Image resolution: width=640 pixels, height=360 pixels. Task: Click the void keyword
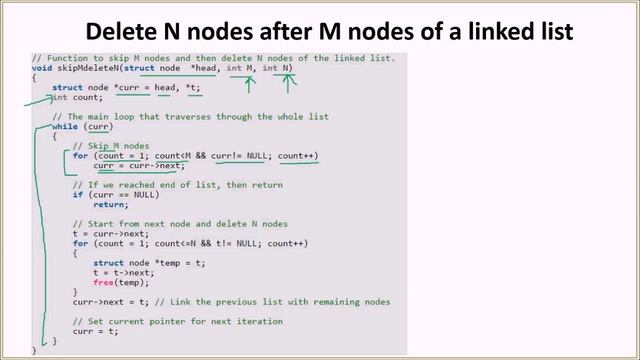(x=42, y=68)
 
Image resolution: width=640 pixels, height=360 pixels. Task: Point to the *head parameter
(x=218, y=68)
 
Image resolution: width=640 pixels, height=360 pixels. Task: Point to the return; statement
(x=124, y=204)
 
